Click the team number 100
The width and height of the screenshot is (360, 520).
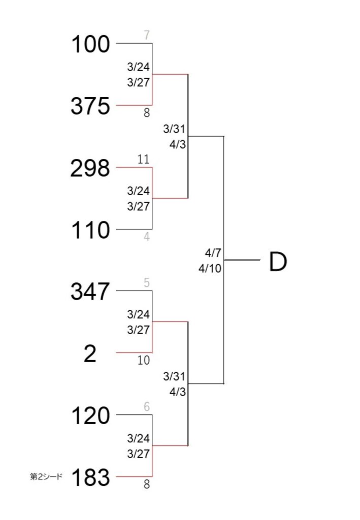click(90, 44)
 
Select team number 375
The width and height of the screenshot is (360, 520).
click(90, 106)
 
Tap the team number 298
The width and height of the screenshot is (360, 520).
click(90, 168)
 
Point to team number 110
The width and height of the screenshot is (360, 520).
click(90, 230)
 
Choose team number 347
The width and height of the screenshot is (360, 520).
click(90, 291)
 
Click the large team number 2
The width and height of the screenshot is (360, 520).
click(90, 353)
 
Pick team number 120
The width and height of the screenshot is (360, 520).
click(90, 415)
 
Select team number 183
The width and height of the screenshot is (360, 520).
click(90, 477)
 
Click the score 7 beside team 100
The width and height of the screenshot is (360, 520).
click(147, 35)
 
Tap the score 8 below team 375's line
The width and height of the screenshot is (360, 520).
click(147, 113)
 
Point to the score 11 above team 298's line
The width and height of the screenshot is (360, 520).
click(144, 159)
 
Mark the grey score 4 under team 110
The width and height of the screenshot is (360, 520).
click(147, 237)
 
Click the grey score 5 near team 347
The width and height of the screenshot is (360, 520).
click(147, 282)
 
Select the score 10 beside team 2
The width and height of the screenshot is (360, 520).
click(144, 360)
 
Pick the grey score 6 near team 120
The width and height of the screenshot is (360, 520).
click(147, 407)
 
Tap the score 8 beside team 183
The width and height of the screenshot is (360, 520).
click(147, 484)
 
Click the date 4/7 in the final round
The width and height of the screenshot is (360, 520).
click(213, 253)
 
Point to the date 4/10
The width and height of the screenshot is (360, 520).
click(210, 268)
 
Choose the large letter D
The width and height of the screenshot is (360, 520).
click(278, 262)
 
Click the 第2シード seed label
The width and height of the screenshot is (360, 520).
click(46, 476)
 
